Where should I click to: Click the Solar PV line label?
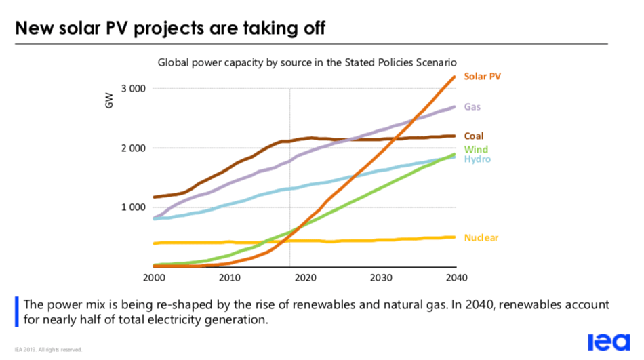[482, 76]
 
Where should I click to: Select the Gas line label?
[472, 107]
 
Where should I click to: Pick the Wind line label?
[475, 149]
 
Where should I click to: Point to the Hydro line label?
[477, 159]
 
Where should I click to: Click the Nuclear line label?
[481, 238]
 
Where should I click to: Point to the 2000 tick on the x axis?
[154, 277]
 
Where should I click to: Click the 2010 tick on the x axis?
[229, 277]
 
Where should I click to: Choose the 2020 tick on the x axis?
[305, 277]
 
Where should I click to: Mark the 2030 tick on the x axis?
[381, 277]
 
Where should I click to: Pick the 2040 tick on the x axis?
[456, 277]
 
